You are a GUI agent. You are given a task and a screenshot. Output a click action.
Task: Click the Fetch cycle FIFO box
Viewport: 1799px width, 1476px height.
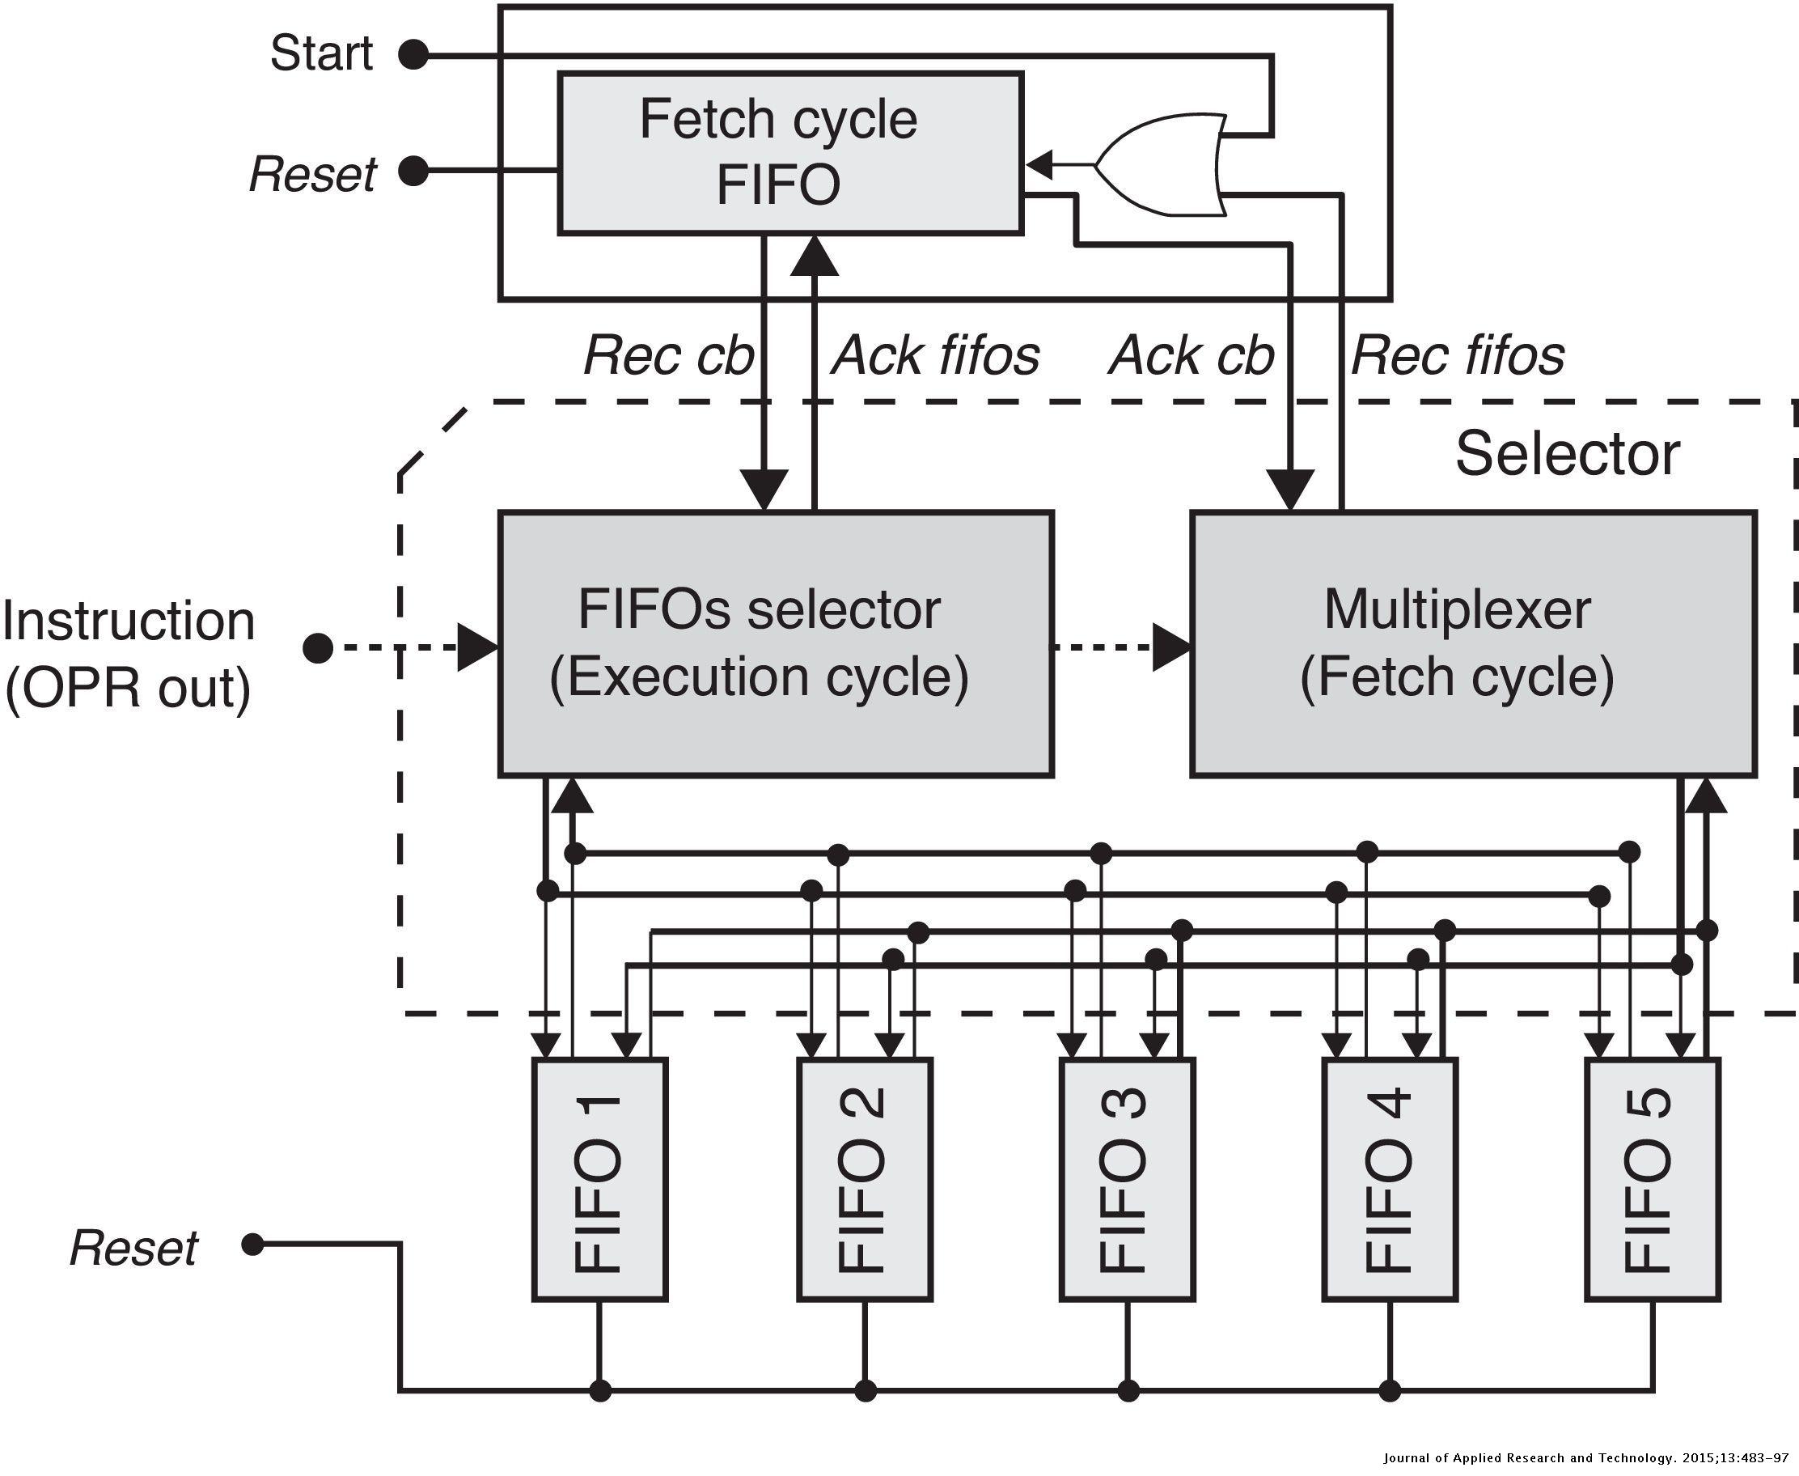[789, 153]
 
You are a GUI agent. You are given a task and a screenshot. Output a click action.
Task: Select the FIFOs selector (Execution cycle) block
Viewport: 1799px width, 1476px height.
[775, 643]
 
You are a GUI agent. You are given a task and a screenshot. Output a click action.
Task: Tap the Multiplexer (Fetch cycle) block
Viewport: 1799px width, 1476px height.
[1473, 643]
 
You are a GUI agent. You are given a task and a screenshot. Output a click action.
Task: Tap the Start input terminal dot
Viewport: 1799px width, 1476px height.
[414, 55]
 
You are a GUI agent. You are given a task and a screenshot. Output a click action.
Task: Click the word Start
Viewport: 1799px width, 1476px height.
[321, 53]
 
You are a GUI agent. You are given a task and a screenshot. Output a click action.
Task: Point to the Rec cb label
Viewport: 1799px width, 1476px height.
[668, 355]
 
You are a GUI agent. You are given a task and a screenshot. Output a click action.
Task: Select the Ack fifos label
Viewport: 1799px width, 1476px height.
[935, 355]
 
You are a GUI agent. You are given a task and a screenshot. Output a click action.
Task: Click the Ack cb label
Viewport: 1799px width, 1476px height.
[1191, 355]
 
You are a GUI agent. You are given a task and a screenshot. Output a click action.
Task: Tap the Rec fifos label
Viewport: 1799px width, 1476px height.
[1458, 355]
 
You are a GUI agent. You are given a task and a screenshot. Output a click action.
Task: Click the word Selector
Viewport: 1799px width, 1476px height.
[1567, 454]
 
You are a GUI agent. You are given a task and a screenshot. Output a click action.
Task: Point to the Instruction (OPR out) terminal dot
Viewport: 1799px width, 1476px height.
[317, 649]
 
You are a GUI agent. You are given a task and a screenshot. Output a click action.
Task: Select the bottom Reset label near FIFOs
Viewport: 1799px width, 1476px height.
[133, 1248]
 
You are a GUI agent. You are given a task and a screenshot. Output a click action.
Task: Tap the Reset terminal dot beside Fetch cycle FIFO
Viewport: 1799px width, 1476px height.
[414, 171]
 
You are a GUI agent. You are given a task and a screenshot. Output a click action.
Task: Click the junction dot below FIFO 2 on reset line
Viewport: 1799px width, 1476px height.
[865, 1391]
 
